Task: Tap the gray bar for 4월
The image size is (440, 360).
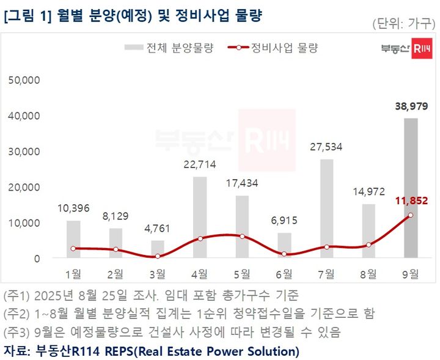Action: click(200, 217)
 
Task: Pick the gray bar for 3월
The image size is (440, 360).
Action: click(158, 249)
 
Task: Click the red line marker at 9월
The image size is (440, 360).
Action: click(410, 215)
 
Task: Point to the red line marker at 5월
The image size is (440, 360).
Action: click(242, 237)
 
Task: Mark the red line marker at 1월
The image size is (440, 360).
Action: click(73, 248)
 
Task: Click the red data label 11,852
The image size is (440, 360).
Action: click(410, 200)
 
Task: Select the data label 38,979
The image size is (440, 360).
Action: click(410, 106)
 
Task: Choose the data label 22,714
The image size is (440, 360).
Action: click(200, 163)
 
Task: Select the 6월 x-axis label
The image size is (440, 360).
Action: click(284, 273)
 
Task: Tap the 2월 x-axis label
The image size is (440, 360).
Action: click(116, 273)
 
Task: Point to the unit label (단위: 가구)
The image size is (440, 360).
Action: click(403, 24)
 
